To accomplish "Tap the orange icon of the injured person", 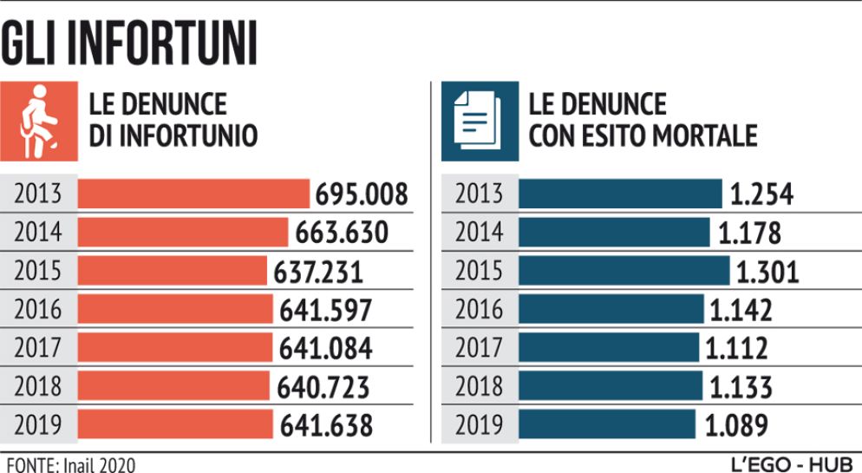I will [39, 122].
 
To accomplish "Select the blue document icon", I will [480, 122].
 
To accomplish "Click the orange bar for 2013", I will [193, 194].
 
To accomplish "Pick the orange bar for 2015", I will [173, 271].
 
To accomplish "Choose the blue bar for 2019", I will [607, 425].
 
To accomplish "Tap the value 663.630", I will [342, 233].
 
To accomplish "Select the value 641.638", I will [326, 426].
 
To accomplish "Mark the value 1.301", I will [767, 272].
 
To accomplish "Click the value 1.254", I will [761, 194].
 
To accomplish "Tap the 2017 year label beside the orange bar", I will [38, 348].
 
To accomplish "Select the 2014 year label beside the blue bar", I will [479, 233].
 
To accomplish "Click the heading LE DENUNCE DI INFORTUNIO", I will [173, 121].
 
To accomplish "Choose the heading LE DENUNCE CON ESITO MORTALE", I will [643, 121].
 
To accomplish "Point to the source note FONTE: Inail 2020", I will [69, 463].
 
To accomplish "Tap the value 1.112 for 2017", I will [736, 349].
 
